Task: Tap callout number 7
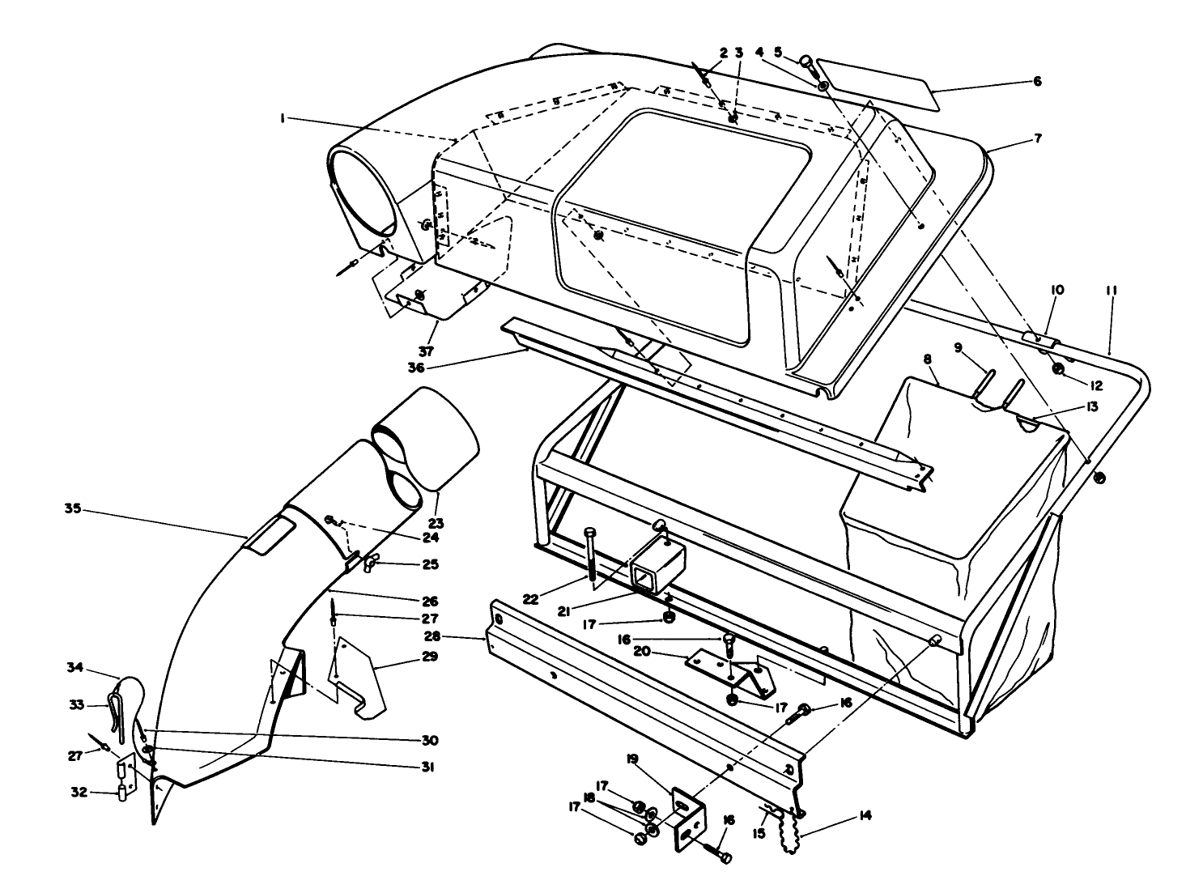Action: point(1037,138)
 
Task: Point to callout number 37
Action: point(426,352)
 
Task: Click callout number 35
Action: point(73,509)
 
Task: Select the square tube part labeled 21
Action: point(656,563)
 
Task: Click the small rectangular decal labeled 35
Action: point(270,536)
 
